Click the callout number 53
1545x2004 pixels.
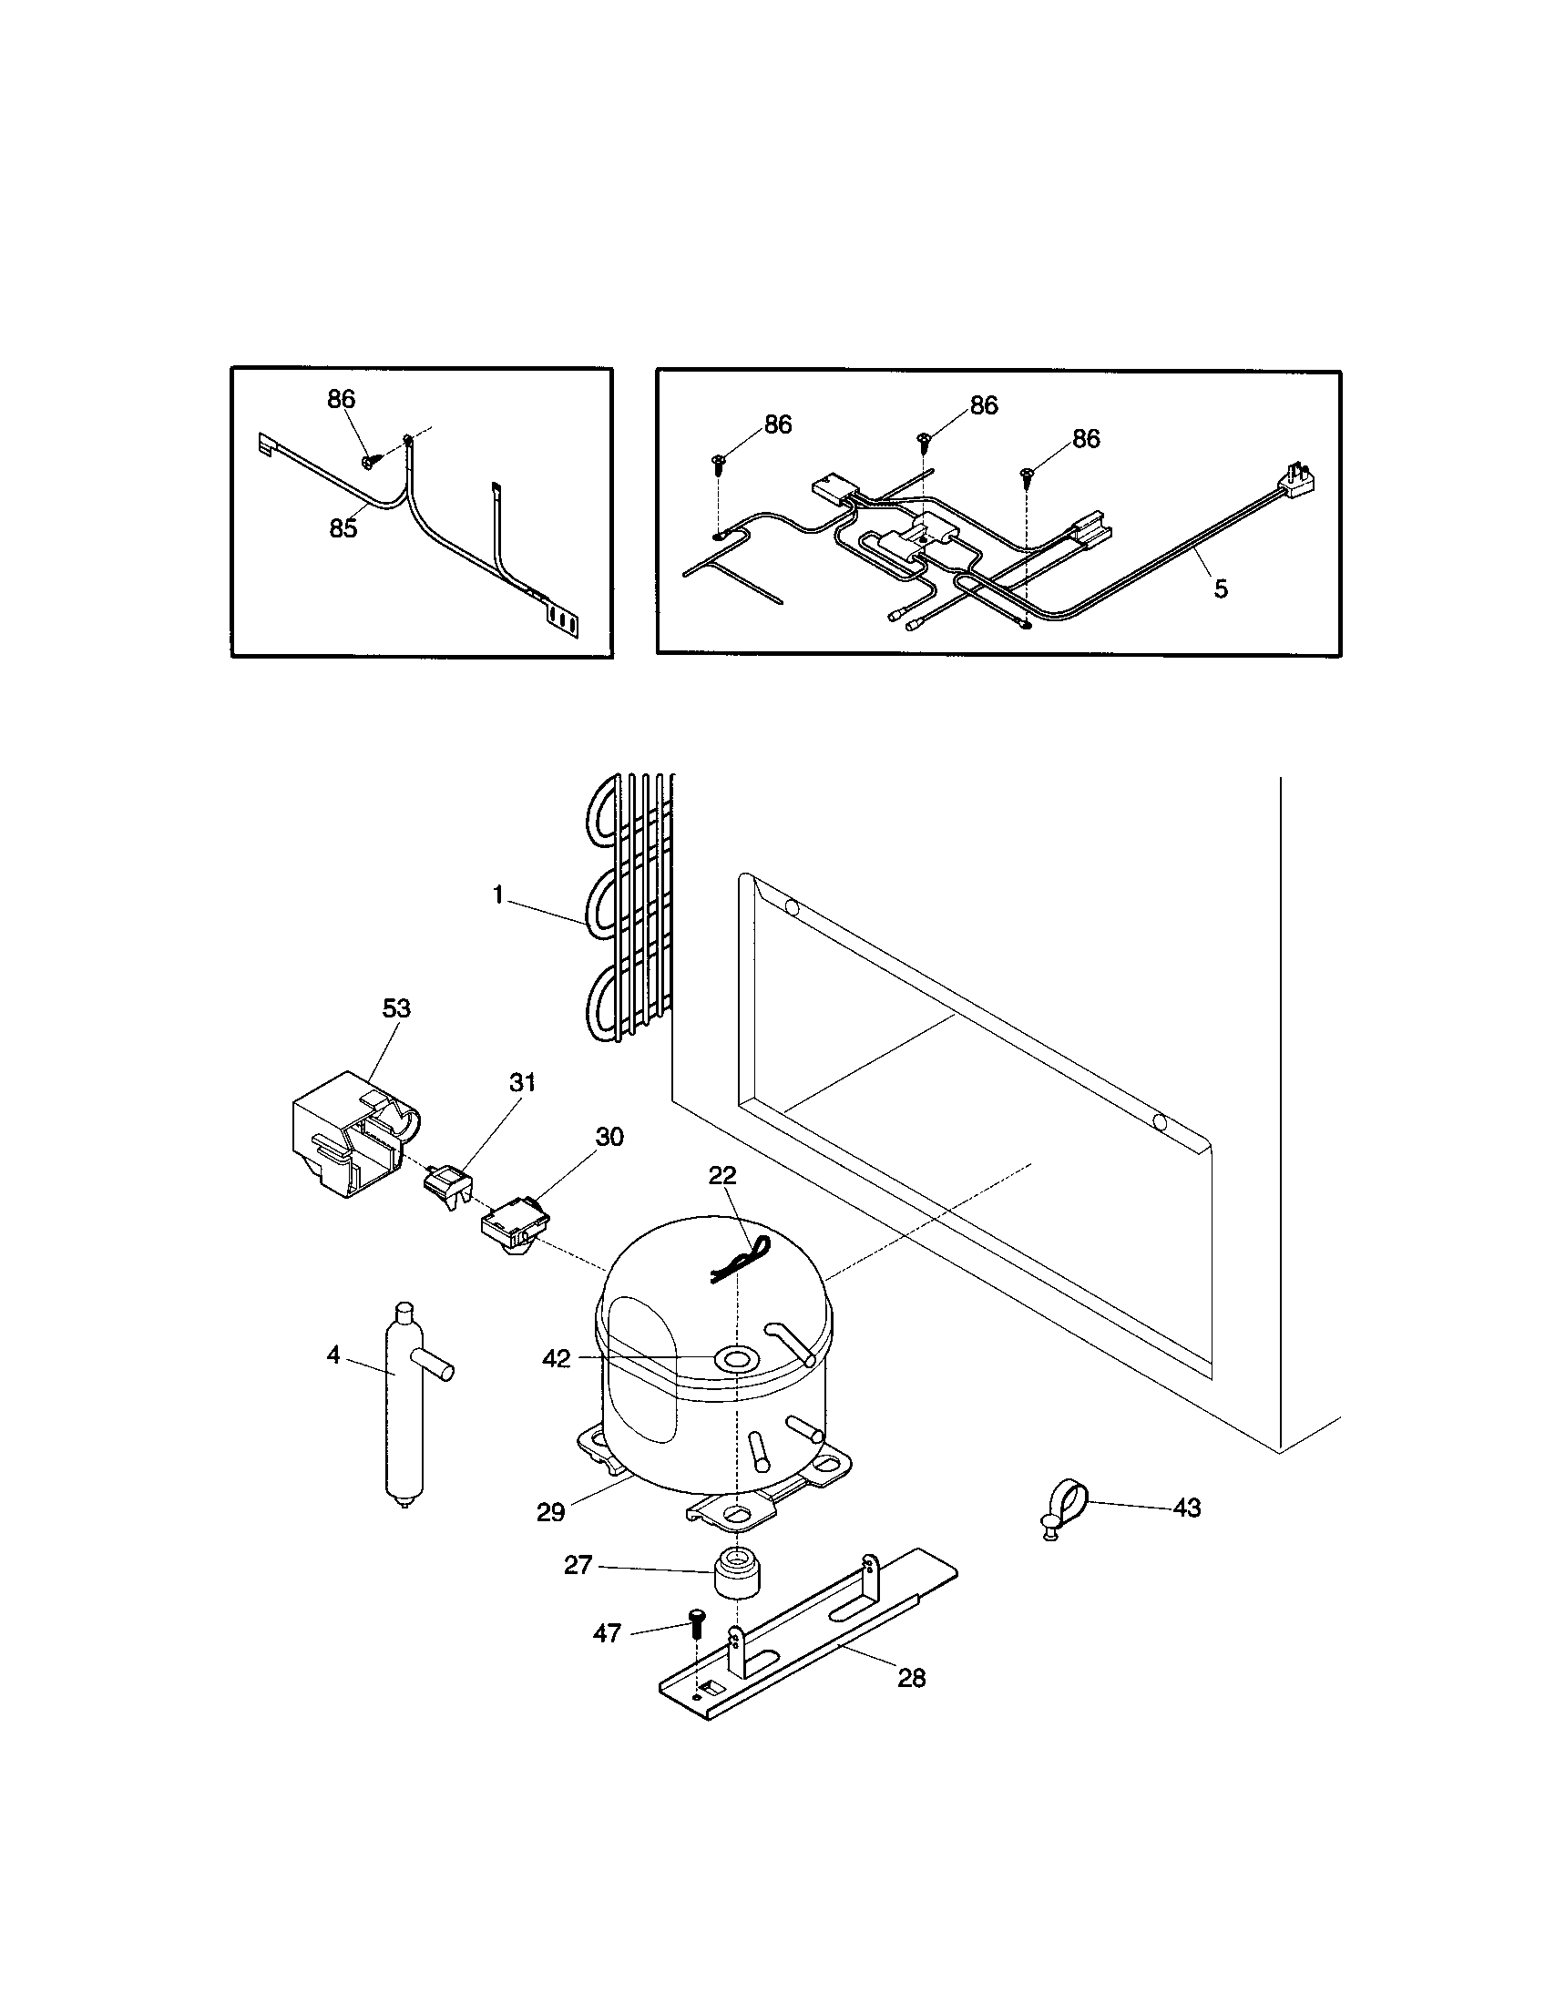(x=396, y=1008)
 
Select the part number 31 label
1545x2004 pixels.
(x=522, y=1083)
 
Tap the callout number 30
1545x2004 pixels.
(x=609, y=1138)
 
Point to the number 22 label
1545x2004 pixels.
(x=722, y=1175)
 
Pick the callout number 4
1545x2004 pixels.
(x=333, y=1355)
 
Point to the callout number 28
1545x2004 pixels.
(x=911, y=1678)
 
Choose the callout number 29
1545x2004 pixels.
(x=550, y=1513)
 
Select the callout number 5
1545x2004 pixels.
(x=1220, y=589)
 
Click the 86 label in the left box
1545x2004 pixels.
(x=342, y=399)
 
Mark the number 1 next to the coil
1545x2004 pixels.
(x=498, y=895)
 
